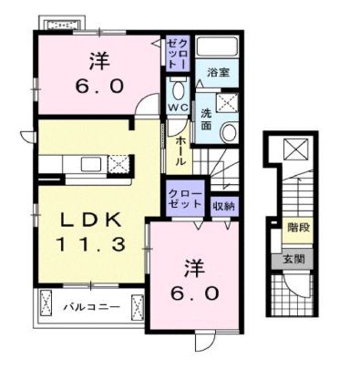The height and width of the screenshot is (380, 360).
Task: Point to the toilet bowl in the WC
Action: click(179, 91)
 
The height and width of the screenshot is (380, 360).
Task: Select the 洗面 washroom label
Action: click(208, 119)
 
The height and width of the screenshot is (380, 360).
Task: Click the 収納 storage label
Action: click(223, 206)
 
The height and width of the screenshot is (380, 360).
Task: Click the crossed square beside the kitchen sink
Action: click(118, 165)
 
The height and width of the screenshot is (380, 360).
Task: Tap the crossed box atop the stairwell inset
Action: click(297, 149)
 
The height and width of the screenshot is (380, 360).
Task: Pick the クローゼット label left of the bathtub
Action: click(177, 50)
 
